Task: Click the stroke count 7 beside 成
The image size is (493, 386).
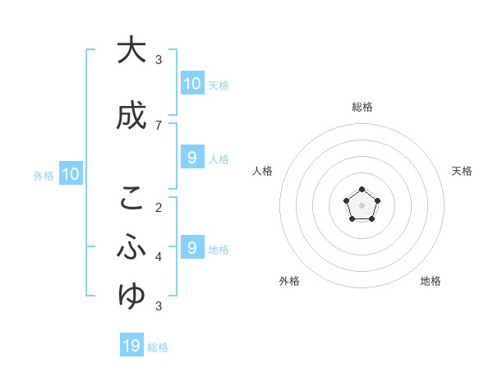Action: point(159,125)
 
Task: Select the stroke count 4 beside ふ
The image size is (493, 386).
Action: point(159,256)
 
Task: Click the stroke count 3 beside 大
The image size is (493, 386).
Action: point(159,59)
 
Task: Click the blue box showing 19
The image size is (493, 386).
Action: point(132,346)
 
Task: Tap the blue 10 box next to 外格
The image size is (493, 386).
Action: point(70,174)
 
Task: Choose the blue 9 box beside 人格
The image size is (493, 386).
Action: point(191,158)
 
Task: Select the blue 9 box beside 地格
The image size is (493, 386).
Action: point(191,247)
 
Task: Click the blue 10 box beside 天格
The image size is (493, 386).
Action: point(191,83)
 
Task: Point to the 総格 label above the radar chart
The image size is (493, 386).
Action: point(362,107)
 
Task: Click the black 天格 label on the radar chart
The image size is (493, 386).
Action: point(462,171)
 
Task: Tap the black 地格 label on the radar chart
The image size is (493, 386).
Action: point(431,281)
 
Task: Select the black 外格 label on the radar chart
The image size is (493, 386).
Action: point(289,281)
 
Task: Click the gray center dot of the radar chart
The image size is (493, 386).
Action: point(362,204)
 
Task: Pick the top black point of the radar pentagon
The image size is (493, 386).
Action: point(362,191)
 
